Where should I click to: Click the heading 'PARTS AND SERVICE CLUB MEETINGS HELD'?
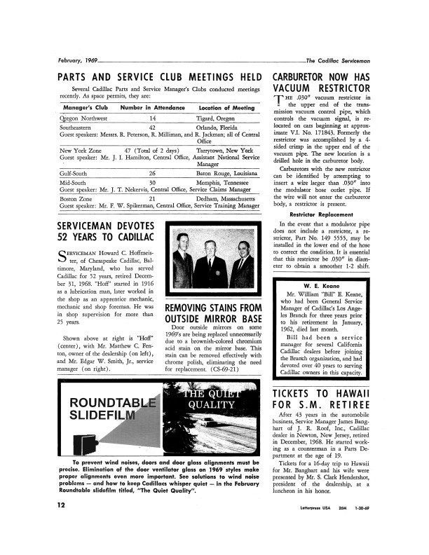(159, 76)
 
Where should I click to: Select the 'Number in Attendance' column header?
(153, 108)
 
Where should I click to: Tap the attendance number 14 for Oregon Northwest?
(153, 118)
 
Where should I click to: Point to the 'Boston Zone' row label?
(76, 200)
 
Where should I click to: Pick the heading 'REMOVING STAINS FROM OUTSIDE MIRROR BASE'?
(212, 314)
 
